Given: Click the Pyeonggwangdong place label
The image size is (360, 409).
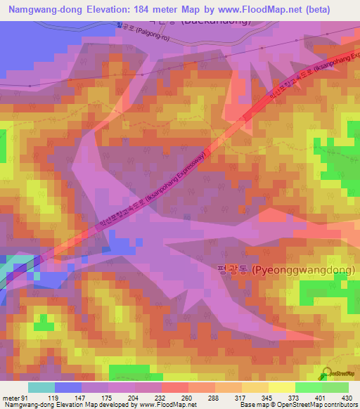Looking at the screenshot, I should pos(285,270).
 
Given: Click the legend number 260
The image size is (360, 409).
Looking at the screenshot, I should pos(187,397).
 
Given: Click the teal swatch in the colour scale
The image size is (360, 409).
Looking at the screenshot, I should pos(41,387).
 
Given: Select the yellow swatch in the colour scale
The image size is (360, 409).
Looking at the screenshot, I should pos(282,387).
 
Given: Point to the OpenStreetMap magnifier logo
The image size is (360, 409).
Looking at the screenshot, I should pos(326,374).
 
